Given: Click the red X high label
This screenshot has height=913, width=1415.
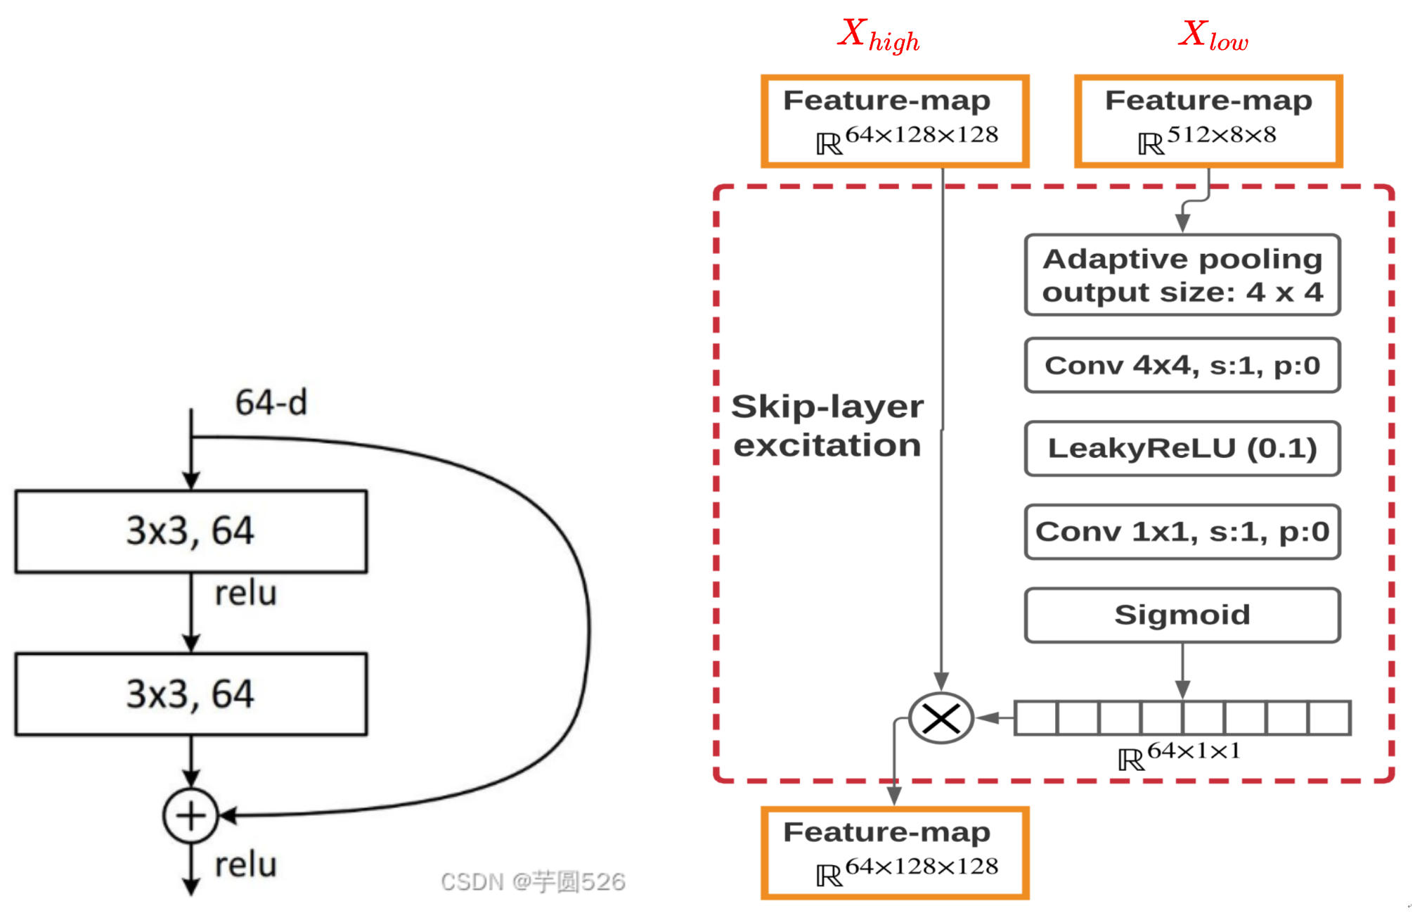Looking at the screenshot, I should point(878,35).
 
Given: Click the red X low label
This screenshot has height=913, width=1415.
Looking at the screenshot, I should point(1213,35).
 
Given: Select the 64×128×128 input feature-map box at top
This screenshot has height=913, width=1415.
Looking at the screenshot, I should point(894,121).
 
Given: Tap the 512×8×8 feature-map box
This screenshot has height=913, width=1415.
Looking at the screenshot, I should point(1208,121).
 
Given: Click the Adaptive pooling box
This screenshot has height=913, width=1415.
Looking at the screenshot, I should point(1182,275).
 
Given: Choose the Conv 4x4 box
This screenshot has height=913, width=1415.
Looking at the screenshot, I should point(1182,365).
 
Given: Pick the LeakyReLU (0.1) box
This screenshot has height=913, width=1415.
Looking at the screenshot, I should point(1182,448).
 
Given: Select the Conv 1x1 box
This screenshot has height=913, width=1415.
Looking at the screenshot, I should point(1182,531).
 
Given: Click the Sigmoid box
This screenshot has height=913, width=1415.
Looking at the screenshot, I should point(1182,615).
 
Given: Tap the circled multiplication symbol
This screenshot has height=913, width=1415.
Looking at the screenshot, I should point(941,718).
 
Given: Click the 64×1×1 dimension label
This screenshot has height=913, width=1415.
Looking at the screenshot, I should point(1179,755).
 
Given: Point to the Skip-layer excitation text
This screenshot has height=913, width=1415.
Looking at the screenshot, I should point(827,426).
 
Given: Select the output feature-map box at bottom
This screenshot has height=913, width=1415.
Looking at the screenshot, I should point(894,853).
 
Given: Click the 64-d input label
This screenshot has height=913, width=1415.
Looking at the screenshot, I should point(271,403).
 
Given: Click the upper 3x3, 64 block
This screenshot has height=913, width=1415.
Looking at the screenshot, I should point(190,531).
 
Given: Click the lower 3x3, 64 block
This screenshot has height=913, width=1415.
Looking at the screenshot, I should point(190,694).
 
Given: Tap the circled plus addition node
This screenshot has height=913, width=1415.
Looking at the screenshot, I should point(190,816).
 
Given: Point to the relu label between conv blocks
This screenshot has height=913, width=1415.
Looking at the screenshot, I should point(245,594).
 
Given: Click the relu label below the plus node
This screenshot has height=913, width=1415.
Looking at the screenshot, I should point(245,864).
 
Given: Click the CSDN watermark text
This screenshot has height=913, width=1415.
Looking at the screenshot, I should point(532,881).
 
